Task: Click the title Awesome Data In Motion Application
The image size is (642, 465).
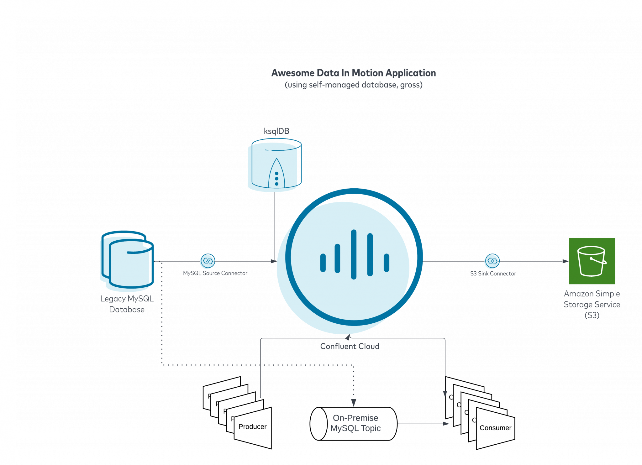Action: (354, 73)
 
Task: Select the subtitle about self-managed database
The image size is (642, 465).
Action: (354, 85)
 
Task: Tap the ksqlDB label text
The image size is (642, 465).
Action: (276, 131)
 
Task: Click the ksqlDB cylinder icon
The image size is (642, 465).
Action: (275, 165)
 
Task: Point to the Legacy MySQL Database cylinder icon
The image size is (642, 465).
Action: (127, 260)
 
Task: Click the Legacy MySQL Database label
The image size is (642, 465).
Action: (127, 304)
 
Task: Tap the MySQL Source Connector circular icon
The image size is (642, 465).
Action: (208, 261)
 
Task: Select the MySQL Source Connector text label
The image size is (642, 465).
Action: (215, 273)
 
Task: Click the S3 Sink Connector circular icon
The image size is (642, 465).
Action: (492, 261)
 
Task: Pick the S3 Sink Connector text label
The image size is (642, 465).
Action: (493, 274)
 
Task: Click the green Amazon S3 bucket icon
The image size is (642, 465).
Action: (592, 261)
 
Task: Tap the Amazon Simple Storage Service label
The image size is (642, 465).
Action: (592, 304)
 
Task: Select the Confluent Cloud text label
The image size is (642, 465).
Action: (350, 346)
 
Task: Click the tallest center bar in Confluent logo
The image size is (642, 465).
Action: (354, 254)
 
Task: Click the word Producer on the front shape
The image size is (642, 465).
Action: (253, 427)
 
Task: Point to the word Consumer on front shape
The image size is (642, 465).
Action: (495, 428)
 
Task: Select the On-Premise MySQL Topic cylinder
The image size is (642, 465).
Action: (354, 424)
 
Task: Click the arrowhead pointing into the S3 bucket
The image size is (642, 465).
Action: (566, 261)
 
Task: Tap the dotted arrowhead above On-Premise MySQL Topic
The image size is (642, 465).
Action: (354, 403)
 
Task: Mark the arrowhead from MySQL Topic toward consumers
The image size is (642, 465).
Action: (446, 424)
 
